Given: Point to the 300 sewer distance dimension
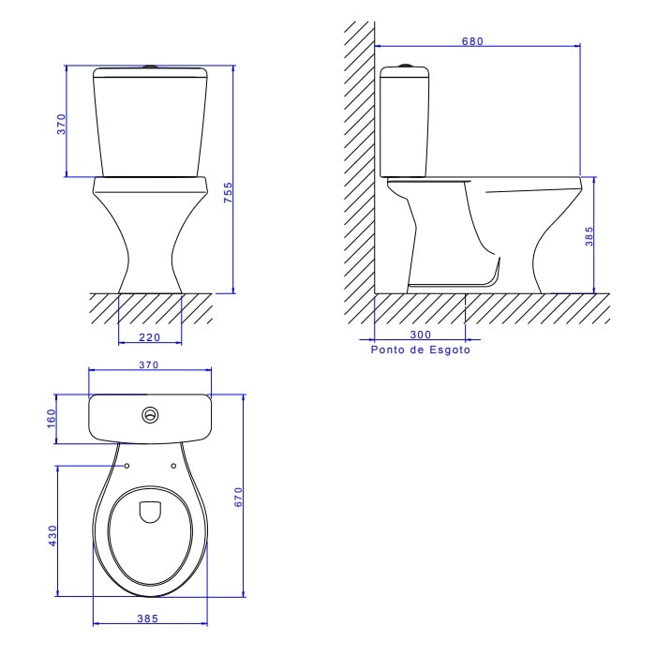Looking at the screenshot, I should (420, 334).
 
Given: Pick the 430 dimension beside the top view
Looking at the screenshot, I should (53, 534).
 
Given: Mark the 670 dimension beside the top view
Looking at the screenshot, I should (239, 497).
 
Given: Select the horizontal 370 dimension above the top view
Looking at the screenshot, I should (149, 364).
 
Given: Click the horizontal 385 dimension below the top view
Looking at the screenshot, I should (149, 619).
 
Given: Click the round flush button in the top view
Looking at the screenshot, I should (149, 414).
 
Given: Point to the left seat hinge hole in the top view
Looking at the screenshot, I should (126, 465).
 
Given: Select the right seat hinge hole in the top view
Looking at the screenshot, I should (174, 465).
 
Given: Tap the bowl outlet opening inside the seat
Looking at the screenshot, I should (150, 512).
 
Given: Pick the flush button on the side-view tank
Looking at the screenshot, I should (405, 66).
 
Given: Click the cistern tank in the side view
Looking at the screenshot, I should (405, 122).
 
